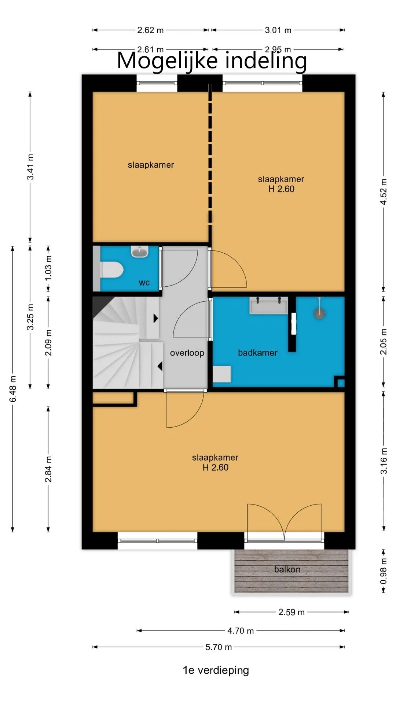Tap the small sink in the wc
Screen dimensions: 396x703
pos(140,252)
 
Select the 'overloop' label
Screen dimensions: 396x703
pos(187,353)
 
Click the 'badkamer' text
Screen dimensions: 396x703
pos(257,353)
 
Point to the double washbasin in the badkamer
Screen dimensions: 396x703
pos(269,305)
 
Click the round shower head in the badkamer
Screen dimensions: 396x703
pos(320,313)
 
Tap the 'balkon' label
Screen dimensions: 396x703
pos(287,569)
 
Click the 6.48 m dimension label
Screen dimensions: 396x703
pos(13,388)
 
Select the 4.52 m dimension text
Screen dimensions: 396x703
pos(384,192)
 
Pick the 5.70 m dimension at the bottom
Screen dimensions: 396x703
pos(219,647)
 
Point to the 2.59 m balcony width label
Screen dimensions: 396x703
pos(291,612)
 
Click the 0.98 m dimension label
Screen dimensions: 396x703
pos(384,571)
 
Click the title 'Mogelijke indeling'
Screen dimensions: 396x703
pos(212,60)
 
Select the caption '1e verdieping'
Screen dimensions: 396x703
pos(216,670)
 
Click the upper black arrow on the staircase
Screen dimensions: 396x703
pos(156,318)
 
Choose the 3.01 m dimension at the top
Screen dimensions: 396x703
pos(278,30)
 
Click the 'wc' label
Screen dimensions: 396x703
pos(144,283)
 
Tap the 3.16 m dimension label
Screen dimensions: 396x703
pos(384,461)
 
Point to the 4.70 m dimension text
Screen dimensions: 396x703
pos(241,631)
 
